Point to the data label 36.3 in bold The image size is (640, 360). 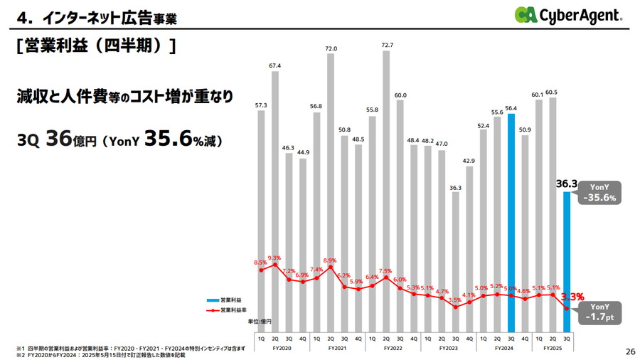point(566,184)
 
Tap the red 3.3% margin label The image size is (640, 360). point(572,297)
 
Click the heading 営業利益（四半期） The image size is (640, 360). point(95,47)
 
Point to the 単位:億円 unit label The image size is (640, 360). point(259,322)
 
